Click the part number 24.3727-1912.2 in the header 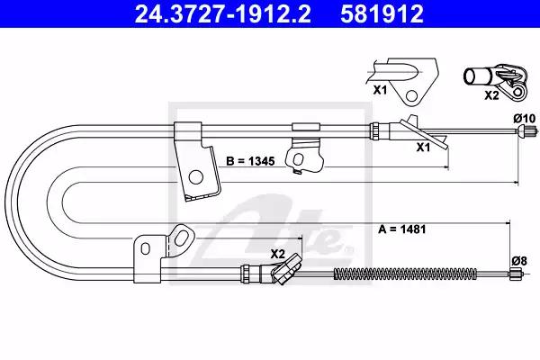pyautogui.click(x=223, y=13)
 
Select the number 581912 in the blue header pyautogui.click(x=382, y=13)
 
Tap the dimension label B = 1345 pyautogui.click(x=250, y=161)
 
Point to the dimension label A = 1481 pyautogui.click(x=402, y=229)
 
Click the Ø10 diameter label pyautogui.click(x=525, y=119)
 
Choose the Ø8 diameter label pyautogui.click(x=519, y=261)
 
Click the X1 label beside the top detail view pyautogui.click(x=380, y=90)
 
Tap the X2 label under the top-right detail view pyautogui.click(x=491, y=95)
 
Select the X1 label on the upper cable pyautogui.click(x=424, y=147)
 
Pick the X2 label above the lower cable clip pyautogui.click(x=277, y=254)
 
